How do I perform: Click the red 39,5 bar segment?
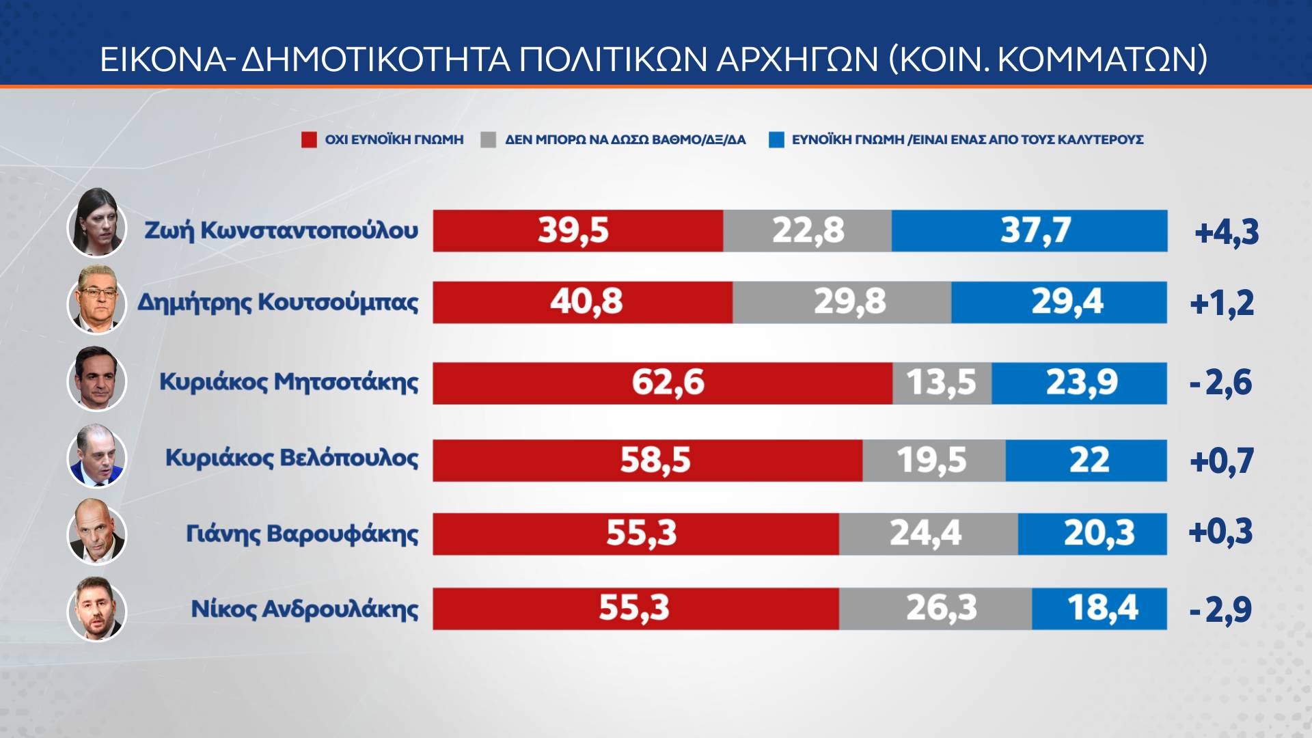577,231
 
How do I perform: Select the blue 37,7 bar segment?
1029,231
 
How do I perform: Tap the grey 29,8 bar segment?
842,302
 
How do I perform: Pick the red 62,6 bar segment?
662,383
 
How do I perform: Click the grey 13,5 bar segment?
942,383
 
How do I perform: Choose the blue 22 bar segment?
1086,461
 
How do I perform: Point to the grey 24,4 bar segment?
928,534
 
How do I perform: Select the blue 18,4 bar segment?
1099,608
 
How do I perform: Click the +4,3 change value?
1227,233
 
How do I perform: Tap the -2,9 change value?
1220,610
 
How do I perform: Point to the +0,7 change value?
1221,461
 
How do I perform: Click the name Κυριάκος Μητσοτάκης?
288,382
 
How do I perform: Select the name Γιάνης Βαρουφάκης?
302,534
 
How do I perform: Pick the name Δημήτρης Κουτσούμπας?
278,302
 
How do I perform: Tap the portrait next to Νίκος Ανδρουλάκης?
97,610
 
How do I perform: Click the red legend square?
309,140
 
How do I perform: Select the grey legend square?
488,140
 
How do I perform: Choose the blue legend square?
776,140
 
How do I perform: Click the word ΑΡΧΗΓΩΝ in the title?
797,59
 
